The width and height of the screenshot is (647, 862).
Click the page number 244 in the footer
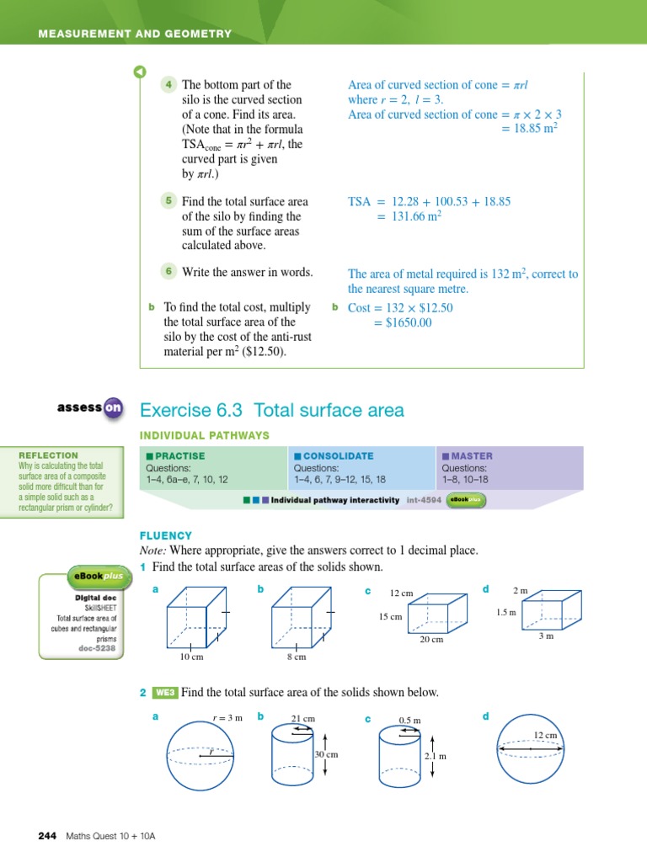(46, 836)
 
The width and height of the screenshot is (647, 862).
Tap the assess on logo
(90, 408)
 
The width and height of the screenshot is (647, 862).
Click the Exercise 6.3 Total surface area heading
(271, 411)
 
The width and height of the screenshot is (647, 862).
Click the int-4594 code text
(425, 499)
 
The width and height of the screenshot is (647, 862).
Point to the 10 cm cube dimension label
(191, 657)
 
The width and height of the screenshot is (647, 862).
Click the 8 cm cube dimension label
(296, 657)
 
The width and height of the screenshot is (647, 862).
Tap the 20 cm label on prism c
(431, 639)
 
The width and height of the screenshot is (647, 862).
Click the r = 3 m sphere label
(227, 717)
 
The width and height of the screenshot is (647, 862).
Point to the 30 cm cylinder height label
(325, 754)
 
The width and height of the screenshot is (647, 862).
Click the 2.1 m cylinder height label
(435, 756)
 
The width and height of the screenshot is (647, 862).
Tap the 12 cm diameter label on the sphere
(545, 735)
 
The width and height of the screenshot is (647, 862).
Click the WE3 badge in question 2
(164, 693)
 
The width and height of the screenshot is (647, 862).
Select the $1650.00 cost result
(403, 322)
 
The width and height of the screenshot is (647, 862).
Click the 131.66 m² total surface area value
(413, 216)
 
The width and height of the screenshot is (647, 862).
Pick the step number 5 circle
(168, 200)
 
